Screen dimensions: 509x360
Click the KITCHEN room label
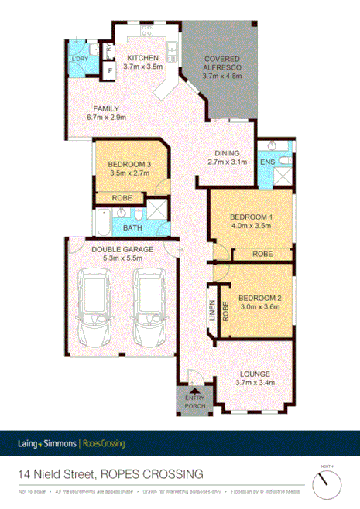143,58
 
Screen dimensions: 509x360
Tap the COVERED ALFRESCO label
222,60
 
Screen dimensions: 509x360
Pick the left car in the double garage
98,306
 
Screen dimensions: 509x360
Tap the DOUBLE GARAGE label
122,250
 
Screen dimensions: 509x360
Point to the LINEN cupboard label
211,309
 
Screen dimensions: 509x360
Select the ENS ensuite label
266,162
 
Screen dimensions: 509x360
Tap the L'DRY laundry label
78,60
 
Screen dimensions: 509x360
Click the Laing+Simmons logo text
46,443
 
